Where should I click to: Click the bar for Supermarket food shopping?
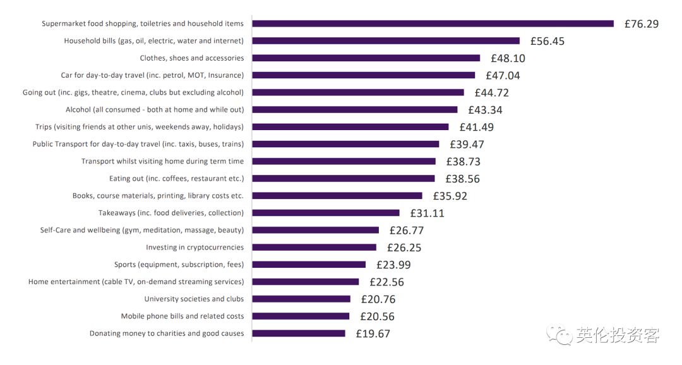click(433, 24)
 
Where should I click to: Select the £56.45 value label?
click(547, 41)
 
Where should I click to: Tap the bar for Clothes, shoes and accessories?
click(366, 58)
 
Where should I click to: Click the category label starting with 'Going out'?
click(133, 92)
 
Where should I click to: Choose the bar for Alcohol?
click(354, 110)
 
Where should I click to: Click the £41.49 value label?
click(476, 127)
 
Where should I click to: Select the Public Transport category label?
click(138, 144)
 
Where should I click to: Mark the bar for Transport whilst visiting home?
click(344, 162)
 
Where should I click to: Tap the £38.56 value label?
click(462, 179)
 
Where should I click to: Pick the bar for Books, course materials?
click(337, 196)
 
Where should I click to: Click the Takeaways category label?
click(170, 213)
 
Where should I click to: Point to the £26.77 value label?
click(405, 230)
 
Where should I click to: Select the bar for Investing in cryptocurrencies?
click(314, 248)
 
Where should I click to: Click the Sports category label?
click(179, 265)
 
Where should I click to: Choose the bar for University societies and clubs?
click(301, 299)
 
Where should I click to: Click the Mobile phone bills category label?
click(182, 316)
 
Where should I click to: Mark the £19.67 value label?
click(373, 333)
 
